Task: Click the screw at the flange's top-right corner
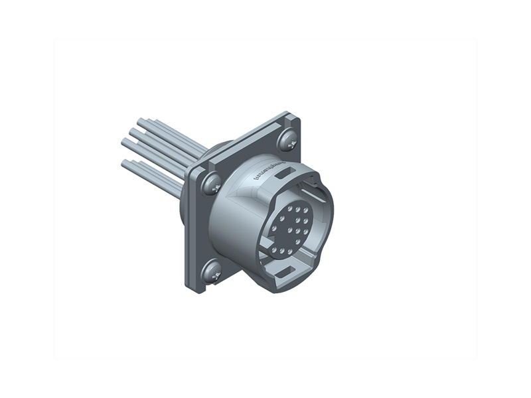[287, 140]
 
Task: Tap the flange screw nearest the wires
[211, 183]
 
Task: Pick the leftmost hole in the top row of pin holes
[290, 208]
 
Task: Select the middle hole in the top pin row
[298, 210]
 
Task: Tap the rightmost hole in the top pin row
[305, 210]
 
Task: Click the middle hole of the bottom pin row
[282, 251]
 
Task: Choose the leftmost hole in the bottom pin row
[274, 250]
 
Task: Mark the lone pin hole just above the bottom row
[298, 241]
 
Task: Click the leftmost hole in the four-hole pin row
[274, 228]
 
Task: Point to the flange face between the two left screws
[202, 229]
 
